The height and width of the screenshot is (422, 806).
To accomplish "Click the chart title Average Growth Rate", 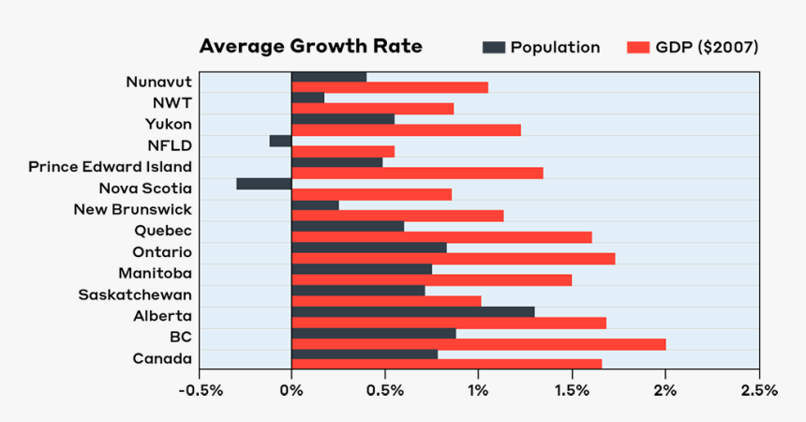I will tap(310, 47).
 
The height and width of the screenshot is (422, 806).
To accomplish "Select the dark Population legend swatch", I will tap(493, 47).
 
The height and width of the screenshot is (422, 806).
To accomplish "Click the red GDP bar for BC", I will tap(478, 344).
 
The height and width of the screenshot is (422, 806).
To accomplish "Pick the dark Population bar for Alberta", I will tap(412, 311).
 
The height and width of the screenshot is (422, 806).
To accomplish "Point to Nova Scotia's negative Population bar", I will tap(263, 184).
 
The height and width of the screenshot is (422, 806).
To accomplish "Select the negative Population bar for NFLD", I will tap(280, 141).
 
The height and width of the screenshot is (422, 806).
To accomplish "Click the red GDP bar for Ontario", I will tap(453, 258).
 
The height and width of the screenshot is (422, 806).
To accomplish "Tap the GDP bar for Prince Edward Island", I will tap(417, 173).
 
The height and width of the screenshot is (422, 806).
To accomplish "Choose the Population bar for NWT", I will tap(307, 98).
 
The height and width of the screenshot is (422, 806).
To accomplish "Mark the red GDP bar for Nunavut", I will tap(389, 87).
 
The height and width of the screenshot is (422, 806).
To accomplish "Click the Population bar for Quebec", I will tap(348, 226).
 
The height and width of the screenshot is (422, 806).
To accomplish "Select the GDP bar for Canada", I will tap(446, 364).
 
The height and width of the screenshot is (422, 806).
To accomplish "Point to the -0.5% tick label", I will tap(198, 390).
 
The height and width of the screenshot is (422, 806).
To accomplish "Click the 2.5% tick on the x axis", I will tap(758, 390).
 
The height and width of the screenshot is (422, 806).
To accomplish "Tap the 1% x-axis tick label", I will tap(478, 390).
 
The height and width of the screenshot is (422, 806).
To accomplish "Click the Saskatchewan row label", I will tap(135, 294).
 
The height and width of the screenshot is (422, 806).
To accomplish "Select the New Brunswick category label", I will tap(132, 209).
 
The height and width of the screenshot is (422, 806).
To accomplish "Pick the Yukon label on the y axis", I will tap(168, 124).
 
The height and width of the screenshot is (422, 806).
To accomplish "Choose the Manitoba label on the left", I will tap(155, 273).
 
